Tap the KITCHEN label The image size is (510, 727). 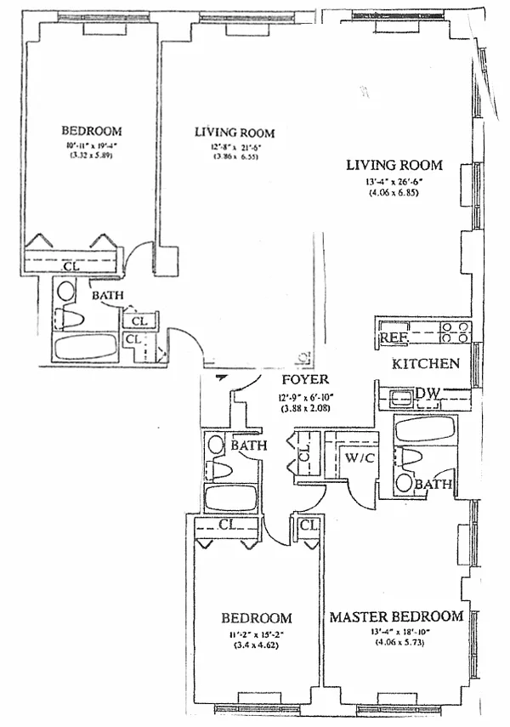coord(426,364)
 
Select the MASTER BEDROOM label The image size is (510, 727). coord(396,616)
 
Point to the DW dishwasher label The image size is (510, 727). coord(428,393)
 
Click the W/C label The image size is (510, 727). coord(355,457)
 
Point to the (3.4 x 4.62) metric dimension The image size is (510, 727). coord(256,645)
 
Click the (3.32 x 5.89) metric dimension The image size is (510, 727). coord(91,157)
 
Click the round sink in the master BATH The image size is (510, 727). coord(403,484)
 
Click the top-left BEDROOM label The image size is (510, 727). coord(91,131)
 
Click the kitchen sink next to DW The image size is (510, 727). coord(399,394)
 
